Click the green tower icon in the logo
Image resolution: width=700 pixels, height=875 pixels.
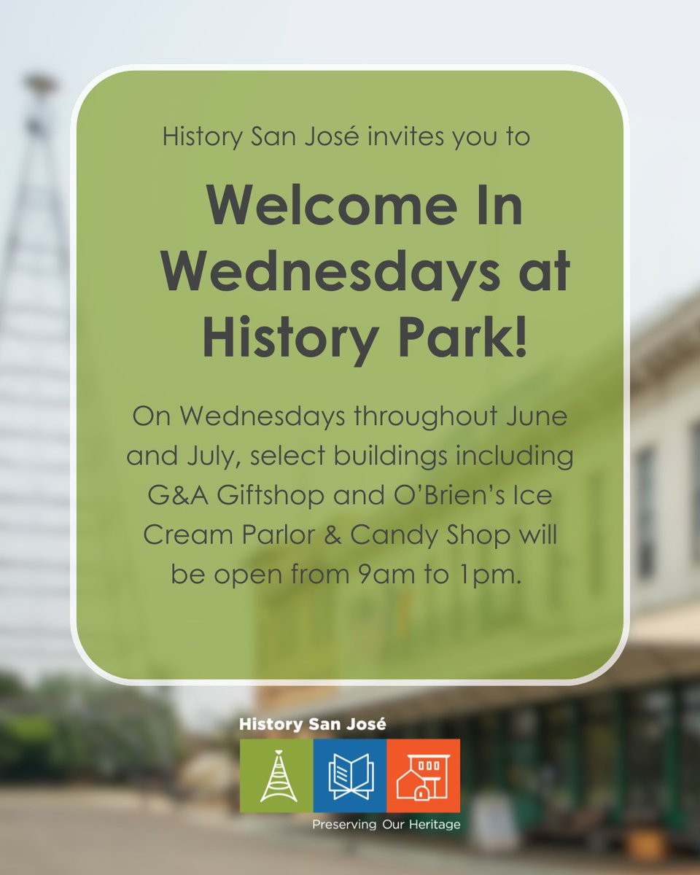[276, 776]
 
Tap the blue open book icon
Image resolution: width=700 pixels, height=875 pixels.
[350, 776]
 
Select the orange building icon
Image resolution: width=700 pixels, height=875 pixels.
[423, 776]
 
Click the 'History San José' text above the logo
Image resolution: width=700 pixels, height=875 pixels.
[313, 724]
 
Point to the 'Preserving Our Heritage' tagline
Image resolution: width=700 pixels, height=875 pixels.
[386, 825]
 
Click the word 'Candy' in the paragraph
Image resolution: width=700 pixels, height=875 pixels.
[394, 535]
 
